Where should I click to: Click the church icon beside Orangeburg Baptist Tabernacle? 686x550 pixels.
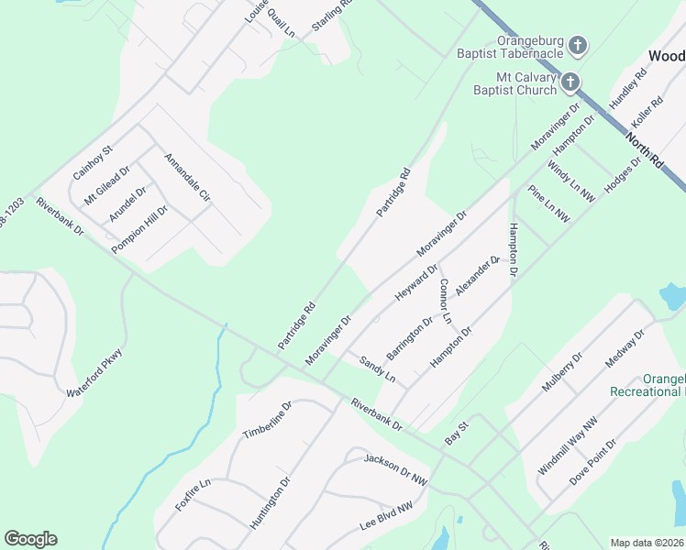coord(578,44)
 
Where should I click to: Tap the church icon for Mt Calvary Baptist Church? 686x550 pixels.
coord(570,82)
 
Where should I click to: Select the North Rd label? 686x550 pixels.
coord(645,151)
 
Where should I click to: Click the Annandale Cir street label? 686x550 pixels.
coord(187,178)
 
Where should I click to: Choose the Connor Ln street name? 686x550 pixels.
coord(446,301)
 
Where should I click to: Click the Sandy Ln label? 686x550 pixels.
coord(377,369)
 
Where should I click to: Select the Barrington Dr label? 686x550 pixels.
coord(409,337)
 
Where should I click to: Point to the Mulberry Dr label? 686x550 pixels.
coord(561,372)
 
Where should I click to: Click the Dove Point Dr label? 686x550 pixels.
coord(592,461)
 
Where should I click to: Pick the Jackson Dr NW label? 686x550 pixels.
coord(396,467)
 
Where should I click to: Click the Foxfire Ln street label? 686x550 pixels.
coord(194,494)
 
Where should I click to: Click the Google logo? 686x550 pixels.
coord(30,539)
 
